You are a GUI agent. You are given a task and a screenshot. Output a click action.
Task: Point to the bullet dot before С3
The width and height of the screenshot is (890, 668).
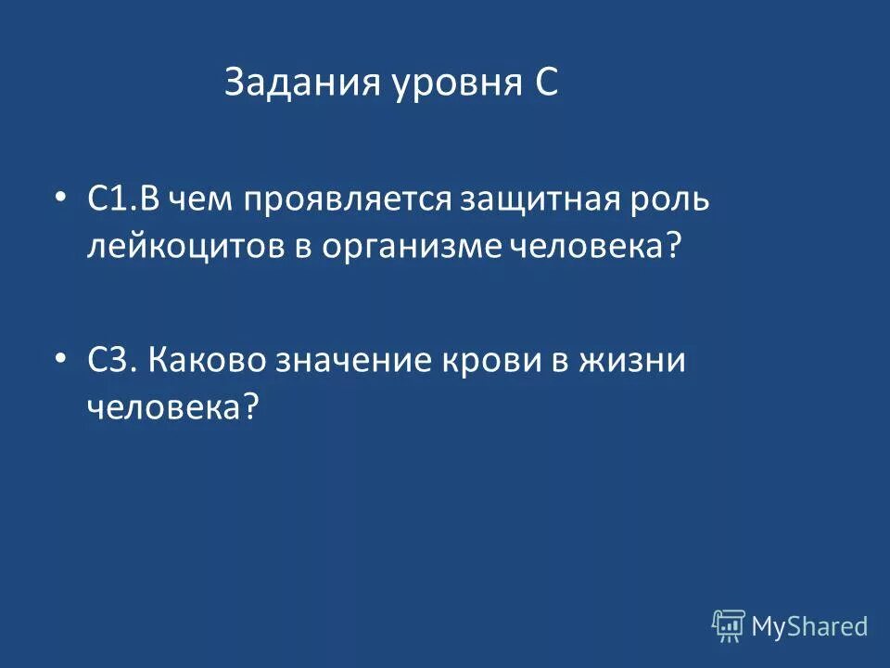[60, 357]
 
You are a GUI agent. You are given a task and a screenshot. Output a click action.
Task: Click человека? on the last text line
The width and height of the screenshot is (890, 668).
[172, 406]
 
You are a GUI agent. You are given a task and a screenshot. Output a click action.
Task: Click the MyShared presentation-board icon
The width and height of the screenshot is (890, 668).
[728, 626]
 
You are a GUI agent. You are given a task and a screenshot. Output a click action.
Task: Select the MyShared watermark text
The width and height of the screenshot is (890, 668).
[809, 627]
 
